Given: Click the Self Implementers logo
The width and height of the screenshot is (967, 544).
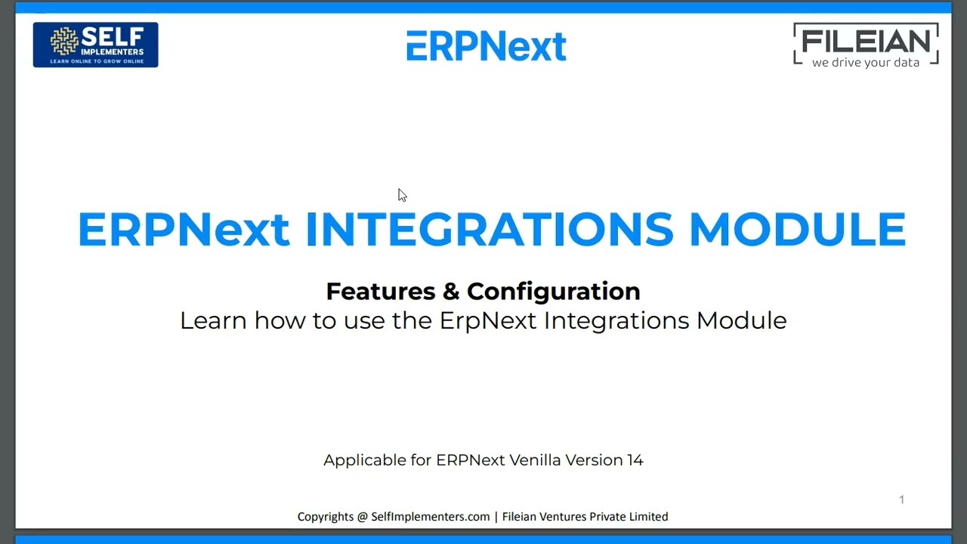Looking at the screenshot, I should tap(95, 45).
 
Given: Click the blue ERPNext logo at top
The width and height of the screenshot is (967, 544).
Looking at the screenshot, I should tap(486, 46).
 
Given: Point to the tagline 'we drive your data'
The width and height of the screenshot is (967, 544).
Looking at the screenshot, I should tap(866, 63).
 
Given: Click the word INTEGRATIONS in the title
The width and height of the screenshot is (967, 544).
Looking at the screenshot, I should tap(489, 229).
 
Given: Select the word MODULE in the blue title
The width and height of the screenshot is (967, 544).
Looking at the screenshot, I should tap(797, 229).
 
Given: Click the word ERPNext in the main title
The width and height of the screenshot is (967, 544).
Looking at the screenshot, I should tap(183, 229).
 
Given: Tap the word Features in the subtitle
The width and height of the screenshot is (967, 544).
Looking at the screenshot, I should tap(381, 291).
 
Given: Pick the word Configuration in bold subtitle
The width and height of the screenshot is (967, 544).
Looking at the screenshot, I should tap(553, 291).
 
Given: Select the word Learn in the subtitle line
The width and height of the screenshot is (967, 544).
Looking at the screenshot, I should tap(213, 320).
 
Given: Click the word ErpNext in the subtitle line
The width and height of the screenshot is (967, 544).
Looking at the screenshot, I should tap(488, 320).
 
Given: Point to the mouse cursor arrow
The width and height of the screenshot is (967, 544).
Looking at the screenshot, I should tap(401, 195).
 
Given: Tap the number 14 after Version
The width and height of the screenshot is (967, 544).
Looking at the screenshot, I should tap(635, 460).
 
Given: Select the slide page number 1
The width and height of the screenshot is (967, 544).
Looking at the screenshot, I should tap(901, 499).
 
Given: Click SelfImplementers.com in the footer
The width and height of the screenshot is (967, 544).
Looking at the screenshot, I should tap(430, 517).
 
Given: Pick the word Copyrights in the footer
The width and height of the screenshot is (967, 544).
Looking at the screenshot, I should tap(326, 517).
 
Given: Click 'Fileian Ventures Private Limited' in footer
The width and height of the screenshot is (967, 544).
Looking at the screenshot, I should tap(585, 517).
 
